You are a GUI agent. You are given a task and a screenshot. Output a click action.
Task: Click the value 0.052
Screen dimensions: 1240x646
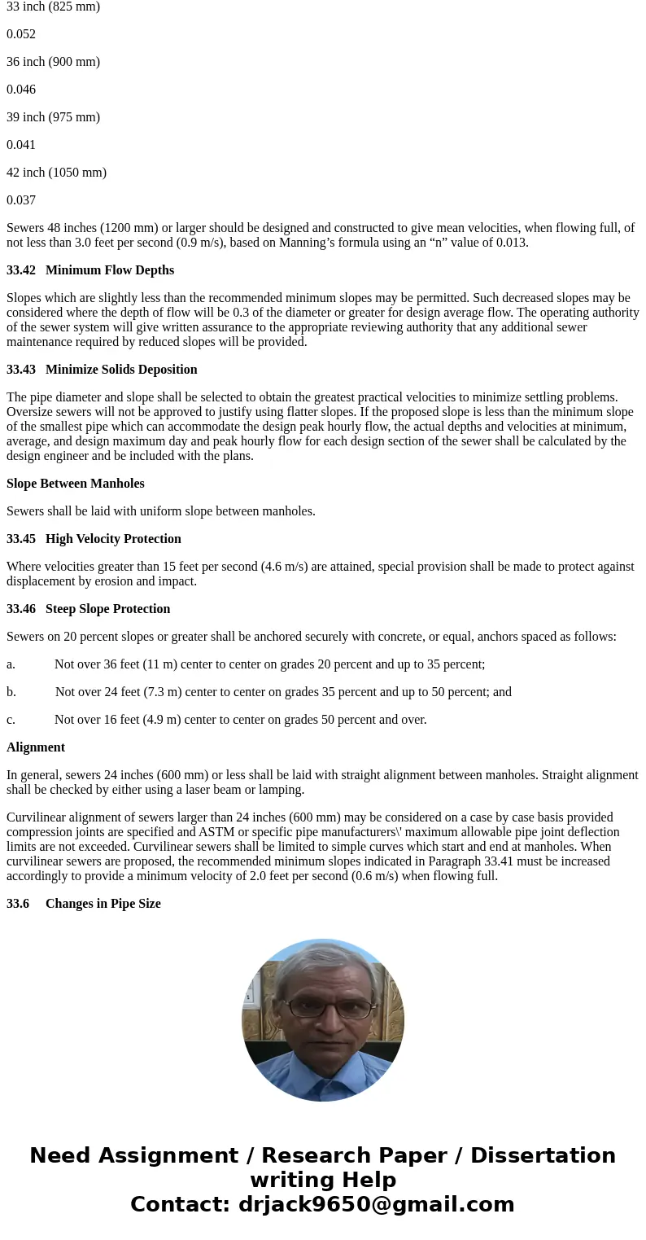pos(21,34)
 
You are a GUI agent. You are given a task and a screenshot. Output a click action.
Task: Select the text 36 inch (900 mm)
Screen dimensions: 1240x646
pos(53,62)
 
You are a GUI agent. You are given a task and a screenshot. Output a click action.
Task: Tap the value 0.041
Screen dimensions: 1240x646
pos(21,145)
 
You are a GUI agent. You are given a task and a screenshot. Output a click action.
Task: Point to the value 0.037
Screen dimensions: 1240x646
pos(21,200)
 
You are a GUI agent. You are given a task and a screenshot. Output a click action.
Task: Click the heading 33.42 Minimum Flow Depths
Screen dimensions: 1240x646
pos(90,270)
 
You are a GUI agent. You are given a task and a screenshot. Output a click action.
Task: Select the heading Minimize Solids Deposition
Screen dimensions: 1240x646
pos(121,370)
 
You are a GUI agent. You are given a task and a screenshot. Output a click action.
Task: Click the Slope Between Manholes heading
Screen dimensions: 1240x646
pos(76,484)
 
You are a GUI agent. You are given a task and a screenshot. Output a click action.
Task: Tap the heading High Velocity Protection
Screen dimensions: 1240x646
pos(113,539)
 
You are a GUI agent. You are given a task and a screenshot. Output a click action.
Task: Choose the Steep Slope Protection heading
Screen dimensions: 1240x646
pos(107,609)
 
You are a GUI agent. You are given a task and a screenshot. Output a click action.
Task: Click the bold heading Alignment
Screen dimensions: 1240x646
pos(36,747)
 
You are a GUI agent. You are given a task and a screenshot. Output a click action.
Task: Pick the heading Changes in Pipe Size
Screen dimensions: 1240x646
pos(103,904)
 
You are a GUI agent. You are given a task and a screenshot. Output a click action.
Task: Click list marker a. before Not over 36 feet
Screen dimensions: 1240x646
pos(11,664)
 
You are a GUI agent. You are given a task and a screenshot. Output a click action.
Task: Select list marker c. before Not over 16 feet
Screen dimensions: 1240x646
pos(11,720)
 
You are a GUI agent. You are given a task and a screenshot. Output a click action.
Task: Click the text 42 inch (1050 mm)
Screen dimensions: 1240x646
pos(56,173)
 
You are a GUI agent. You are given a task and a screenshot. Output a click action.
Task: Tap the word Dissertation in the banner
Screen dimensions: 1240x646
pos(543,1156)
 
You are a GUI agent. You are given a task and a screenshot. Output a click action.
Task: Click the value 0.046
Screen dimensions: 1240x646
pos(21,90)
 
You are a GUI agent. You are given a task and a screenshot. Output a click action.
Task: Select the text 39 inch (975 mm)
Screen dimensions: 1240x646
pos(53,117)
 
